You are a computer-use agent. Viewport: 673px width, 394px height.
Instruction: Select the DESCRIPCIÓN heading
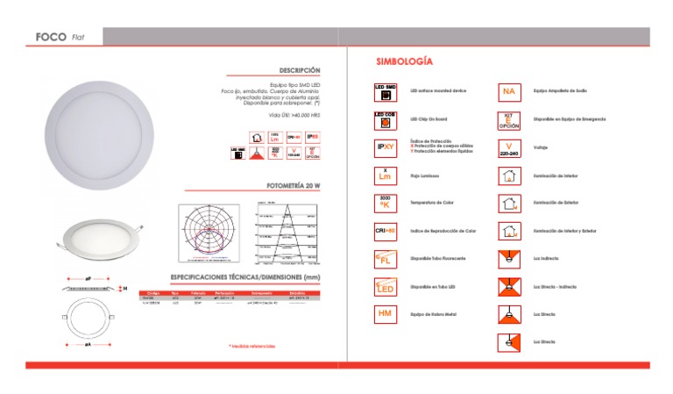point(300,70)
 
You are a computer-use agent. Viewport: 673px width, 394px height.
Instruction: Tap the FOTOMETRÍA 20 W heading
point(293,187)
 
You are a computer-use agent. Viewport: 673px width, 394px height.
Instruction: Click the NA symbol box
point(509,91)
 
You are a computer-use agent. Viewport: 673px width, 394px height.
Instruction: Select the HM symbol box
point(385,313)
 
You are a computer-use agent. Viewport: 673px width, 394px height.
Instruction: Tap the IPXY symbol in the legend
point(386,147)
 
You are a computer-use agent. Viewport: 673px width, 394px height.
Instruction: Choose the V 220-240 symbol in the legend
point(509,147)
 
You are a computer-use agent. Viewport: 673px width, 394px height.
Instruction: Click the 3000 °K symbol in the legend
point(386,203)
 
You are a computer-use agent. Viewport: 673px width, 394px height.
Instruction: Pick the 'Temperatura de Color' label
point(432,203)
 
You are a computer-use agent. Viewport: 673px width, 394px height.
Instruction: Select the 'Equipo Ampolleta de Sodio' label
point(565,91)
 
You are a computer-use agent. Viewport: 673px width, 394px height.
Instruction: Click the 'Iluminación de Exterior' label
point(556,203)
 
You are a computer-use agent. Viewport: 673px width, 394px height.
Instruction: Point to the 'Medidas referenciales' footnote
point(251,346)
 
